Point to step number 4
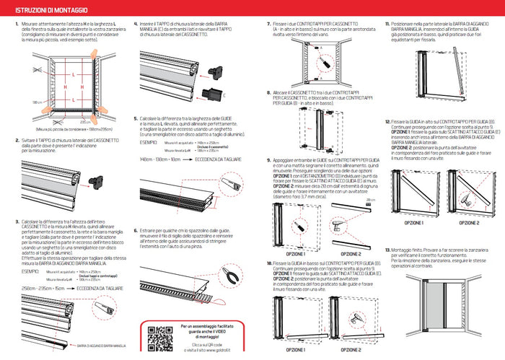(x=136, y=24)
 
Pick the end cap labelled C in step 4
(x=214, y=91)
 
